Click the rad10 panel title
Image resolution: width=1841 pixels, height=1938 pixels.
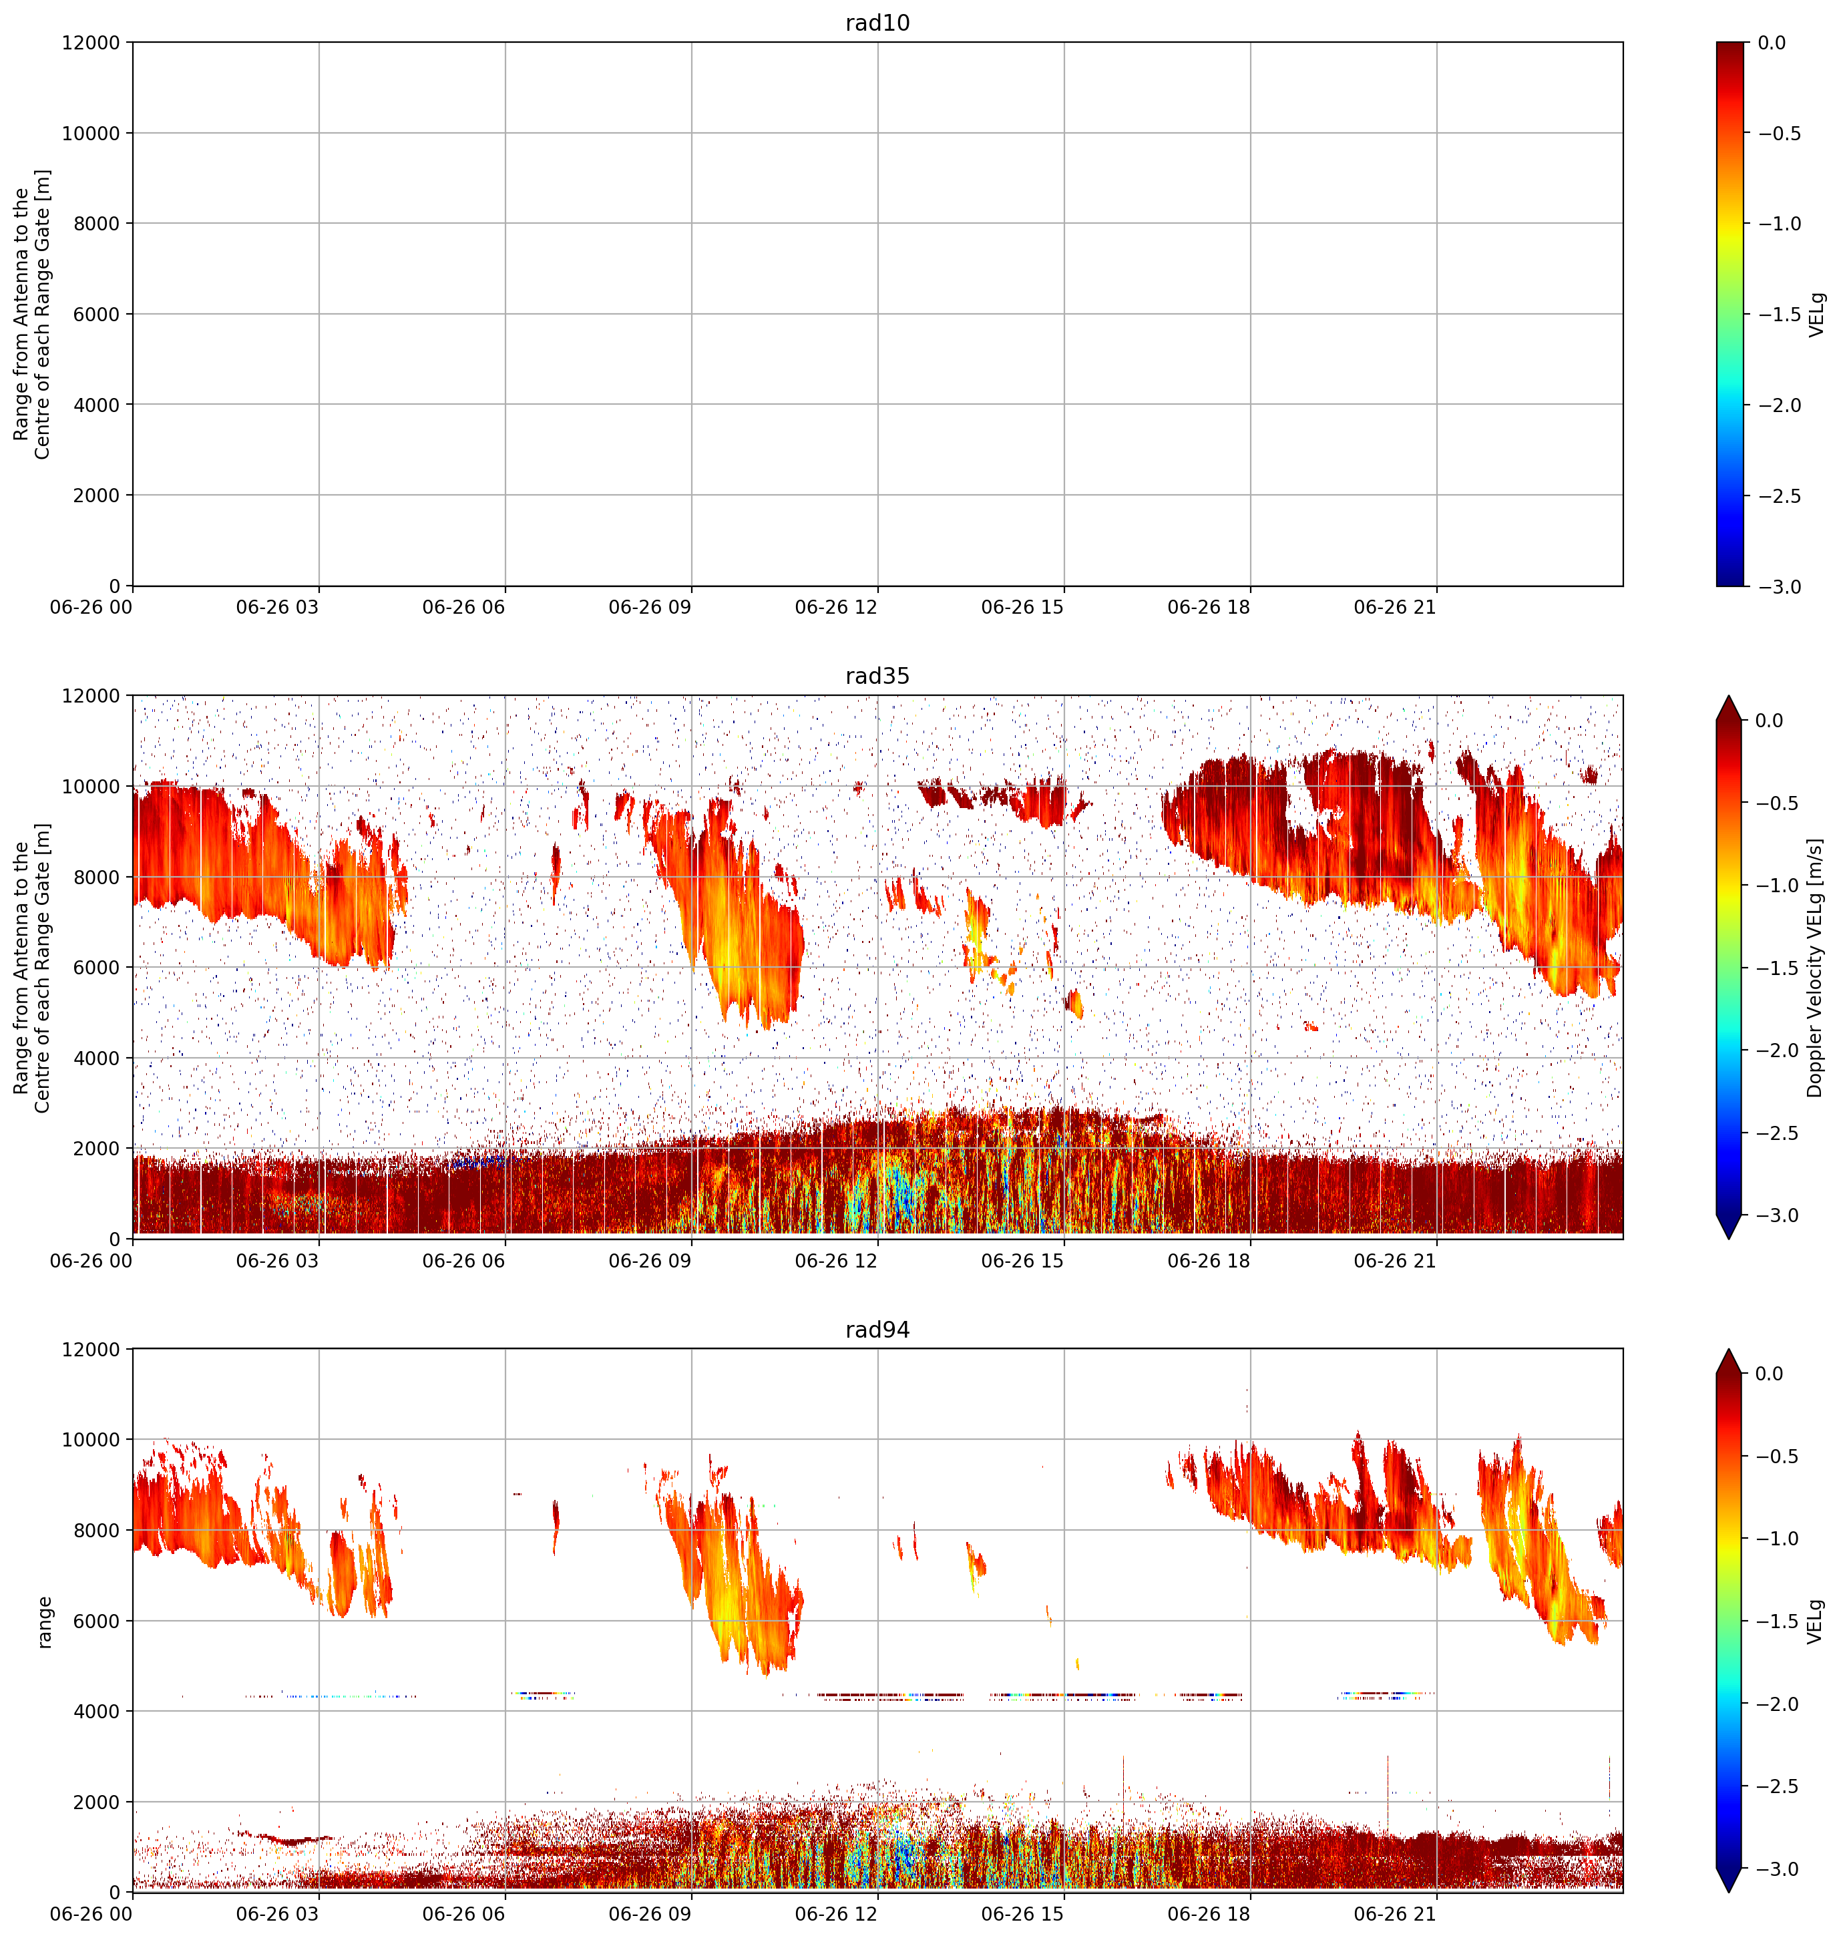point(877,23)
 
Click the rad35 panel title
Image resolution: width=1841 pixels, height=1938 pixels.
point(877,676)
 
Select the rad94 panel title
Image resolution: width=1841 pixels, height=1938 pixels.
point(877,1330)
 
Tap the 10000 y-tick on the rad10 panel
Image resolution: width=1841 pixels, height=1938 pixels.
point(90,134)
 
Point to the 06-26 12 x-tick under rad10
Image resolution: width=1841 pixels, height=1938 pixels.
point(836,608)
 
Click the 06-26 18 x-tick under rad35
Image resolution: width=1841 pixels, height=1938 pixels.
point(1209,1261)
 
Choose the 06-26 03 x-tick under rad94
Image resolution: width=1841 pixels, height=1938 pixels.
point(278,1913)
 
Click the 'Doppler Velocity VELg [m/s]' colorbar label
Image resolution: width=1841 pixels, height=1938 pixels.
point(1816,968)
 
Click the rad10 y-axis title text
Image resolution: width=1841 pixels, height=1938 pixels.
point(32,314)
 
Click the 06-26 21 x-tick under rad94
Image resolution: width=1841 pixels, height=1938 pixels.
point(1396,1913)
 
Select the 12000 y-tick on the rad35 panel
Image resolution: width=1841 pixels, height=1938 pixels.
point(90,696)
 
